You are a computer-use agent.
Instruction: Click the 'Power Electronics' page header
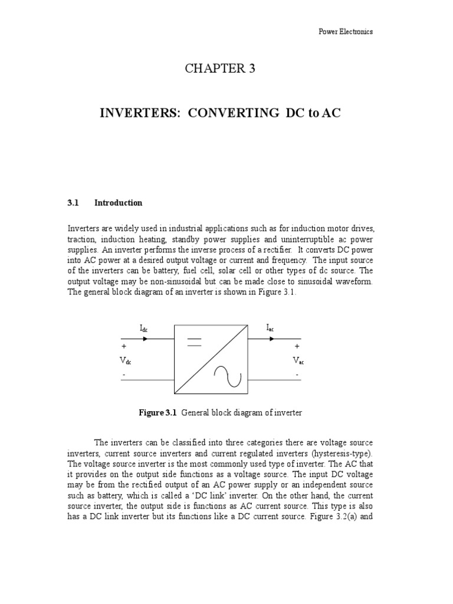[345, 32]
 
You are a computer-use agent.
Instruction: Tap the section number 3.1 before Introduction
[73, 203]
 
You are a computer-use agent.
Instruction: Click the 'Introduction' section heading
[118, 203]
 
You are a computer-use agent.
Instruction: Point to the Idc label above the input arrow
[144, 329]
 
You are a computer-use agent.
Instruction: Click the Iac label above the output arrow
[270, 328]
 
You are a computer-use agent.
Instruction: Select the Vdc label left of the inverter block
[125, 362]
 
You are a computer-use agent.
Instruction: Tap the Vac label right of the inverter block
[298, 362]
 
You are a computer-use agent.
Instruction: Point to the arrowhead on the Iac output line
[272, 339]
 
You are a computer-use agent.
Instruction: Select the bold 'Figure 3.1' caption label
[158, 413]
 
